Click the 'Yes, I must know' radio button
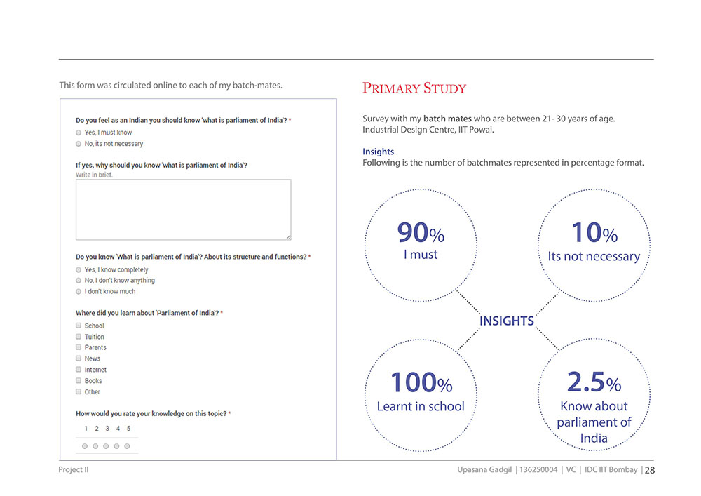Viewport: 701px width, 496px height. click(x=79, y=133)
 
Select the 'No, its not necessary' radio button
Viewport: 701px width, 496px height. click(x=79, y=144)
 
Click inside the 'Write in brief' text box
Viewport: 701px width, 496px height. click(x=183, y=210)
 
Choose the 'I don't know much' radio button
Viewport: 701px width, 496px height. click(x=79, y=292)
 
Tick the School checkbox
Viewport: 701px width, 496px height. click(x=79, y=326)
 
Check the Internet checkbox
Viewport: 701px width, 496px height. click(x=79, y=370)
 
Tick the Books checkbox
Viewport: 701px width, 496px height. click(x=79, y=381)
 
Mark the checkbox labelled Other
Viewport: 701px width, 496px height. click(x=79, y=391)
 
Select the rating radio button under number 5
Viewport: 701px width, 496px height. click(x=128, y=446)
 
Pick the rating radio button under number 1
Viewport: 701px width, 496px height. click(x=85, y=446)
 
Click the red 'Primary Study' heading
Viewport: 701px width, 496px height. click(x=414, y=88)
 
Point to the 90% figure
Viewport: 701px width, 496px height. click(x=421, y=233)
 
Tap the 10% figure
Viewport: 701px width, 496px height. click(x=594, y=233)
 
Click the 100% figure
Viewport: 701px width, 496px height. click(x=421, y=382)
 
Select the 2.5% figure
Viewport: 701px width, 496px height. click(x=594, y=382)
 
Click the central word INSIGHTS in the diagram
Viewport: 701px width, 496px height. click(x=507, y=321)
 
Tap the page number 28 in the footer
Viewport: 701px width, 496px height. click(x=650, y=471)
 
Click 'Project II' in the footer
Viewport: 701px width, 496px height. click(x=74, y=469)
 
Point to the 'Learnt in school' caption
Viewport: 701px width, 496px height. click(x=421, y=406)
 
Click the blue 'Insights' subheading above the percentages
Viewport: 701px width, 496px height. click(x=379, y=152)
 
